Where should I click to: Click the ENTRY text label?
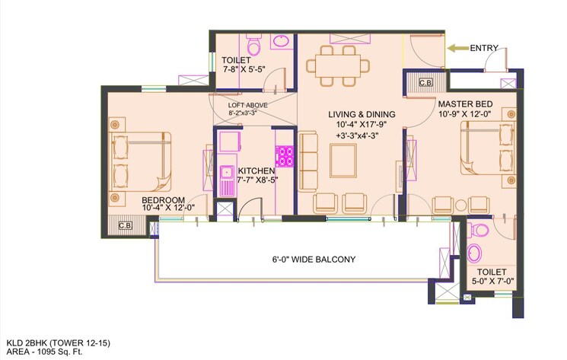484,48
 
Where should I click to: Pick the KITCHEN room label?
256,170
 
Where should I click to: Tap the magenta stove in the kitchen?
285,157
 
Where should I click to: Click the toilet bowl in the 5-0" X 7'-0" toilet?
474,252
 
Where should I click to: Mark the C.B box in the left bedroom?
126,225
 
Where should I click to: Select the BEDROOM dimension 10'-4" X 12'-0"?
168,206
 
